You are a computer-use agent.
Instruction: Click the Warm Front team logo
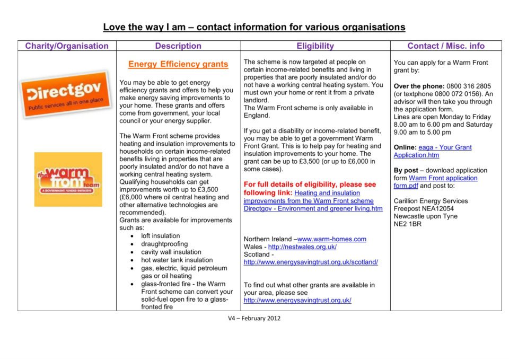click(68, 179)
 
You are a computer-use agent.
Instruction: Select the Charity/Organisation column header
click(67, 46)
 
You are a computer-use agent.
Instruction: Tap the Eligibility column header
click(315, 46)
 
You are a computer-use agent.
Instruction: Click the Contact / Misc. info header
click(446, 46)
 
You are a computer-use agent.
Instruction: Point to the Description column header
click(178, 46)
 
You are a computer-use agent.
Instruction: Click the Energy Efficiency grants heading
click(178, 65)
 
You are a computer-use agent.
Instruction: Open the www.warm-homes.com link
click(332, 239)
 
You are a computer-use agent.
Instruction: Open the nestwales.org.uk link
click(302, 247)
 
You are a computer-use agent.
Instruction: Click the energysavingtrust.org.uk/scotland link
click(311, 262)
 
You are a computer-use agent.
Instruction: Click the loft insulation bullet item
click(160, 236)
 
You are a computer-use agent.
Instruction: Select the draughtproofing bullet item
click(164, 244)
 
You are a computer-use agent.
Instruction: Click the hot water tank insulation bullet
click(177, 260)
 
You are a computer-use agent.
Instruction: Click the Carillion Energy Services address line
click(431, 201)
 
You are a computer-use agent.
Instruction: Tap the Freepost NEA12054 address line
click(424, 209)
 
